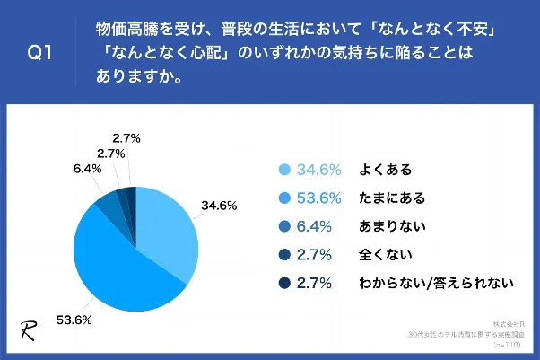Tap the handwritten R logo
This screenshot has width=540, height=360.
point(28,328)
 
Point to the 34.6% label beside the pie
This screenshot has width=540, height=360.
point(219,206)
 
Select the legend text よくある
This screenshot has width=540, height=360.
point(385,170)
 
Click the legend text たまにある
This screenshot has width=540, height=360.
point(391,198)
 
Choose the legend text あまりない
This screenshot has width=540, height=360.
point(391,226)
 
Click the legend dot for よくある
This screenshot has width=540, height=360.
point(284,170)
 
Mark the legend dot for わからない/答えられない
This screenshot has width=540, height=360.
point(284,284)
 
